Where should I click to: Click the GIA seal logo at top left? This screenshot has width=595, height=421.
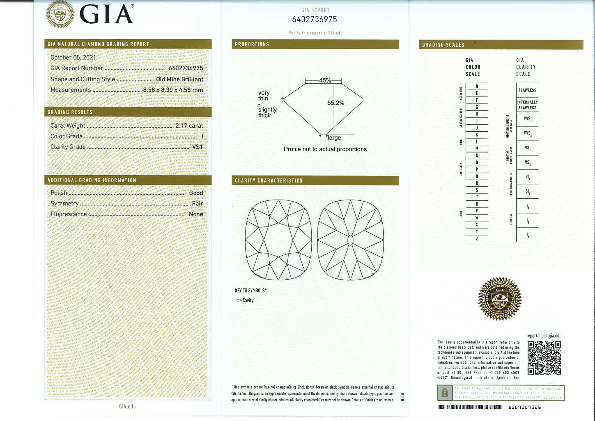pos(60,14)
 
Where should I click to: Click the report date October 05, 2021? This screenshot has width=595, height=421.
pos(73,58)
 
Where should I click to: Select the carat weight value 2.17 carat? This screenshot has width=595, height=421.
pos(189,126)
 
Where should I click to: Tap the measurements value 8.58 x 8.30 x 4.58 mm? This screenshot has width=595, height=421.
pos(173,90)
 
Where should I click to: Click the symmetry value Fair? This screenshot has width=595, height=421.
pos(197,203)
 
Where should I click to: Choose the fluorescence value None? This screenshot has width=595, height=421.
pos(196,214)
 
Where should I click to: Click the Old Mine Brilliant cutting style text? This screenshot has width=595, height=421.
pos(179,79)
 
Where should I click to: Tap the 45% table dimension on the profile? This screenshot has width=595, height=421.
pos(325,81)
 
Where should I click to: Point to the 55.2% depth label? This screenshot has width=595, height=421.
pos(336,103)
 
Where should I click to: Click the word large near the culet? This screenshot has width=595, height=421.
pos(334,138)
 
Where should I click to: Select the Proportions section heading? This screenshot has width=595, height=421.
pos(252,44)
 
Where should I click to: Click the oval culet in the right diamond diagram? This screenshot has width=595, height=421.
pos(350,240)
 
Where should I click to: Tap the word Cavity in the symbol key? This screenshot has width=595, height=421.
pos(248,301)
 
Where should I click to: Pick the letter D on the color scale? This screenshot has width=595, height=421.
pos(477,86)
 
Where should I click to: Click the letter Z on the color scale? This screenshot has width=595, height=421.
pos(477,239)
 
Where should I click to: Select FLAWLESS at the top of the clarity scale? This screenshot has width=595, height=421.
pos(527,90)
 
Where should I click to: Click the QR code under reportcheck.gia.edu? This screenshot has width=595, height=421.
pos(544,358)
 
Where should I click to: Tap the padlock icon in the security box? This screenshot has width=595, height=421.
pos(444,393)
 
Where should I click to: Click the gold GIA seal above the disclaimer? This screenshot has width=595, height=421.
pos(500,298)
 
